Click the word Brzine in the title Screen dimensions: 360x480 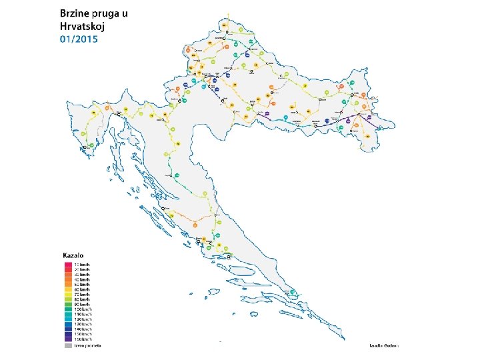pos(75,13)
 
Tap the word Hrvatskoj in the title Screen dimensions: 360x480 pos(83,27)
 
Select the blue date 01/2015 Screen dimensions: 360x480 pos(79,39)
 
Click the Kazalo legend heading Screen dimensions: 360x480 pos(73,256)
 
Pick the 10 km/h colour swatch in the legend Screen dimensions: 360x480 pos(68,265)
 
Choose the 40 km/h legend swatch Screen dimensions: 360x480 pos(68,279)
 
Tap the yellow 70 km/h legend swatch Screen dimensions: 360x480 pos(68,295)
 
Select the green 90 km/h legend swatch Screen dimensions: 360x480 pos(68,305)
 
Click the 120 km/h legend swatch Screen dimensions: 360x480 pos(68,320)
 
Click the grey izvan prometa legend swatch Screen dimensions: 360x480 pos(68,345)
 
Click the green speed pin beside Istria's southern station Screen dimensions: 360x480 pos(91,145)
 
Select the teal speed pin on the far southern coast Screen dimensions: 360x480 pos(294,292)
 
